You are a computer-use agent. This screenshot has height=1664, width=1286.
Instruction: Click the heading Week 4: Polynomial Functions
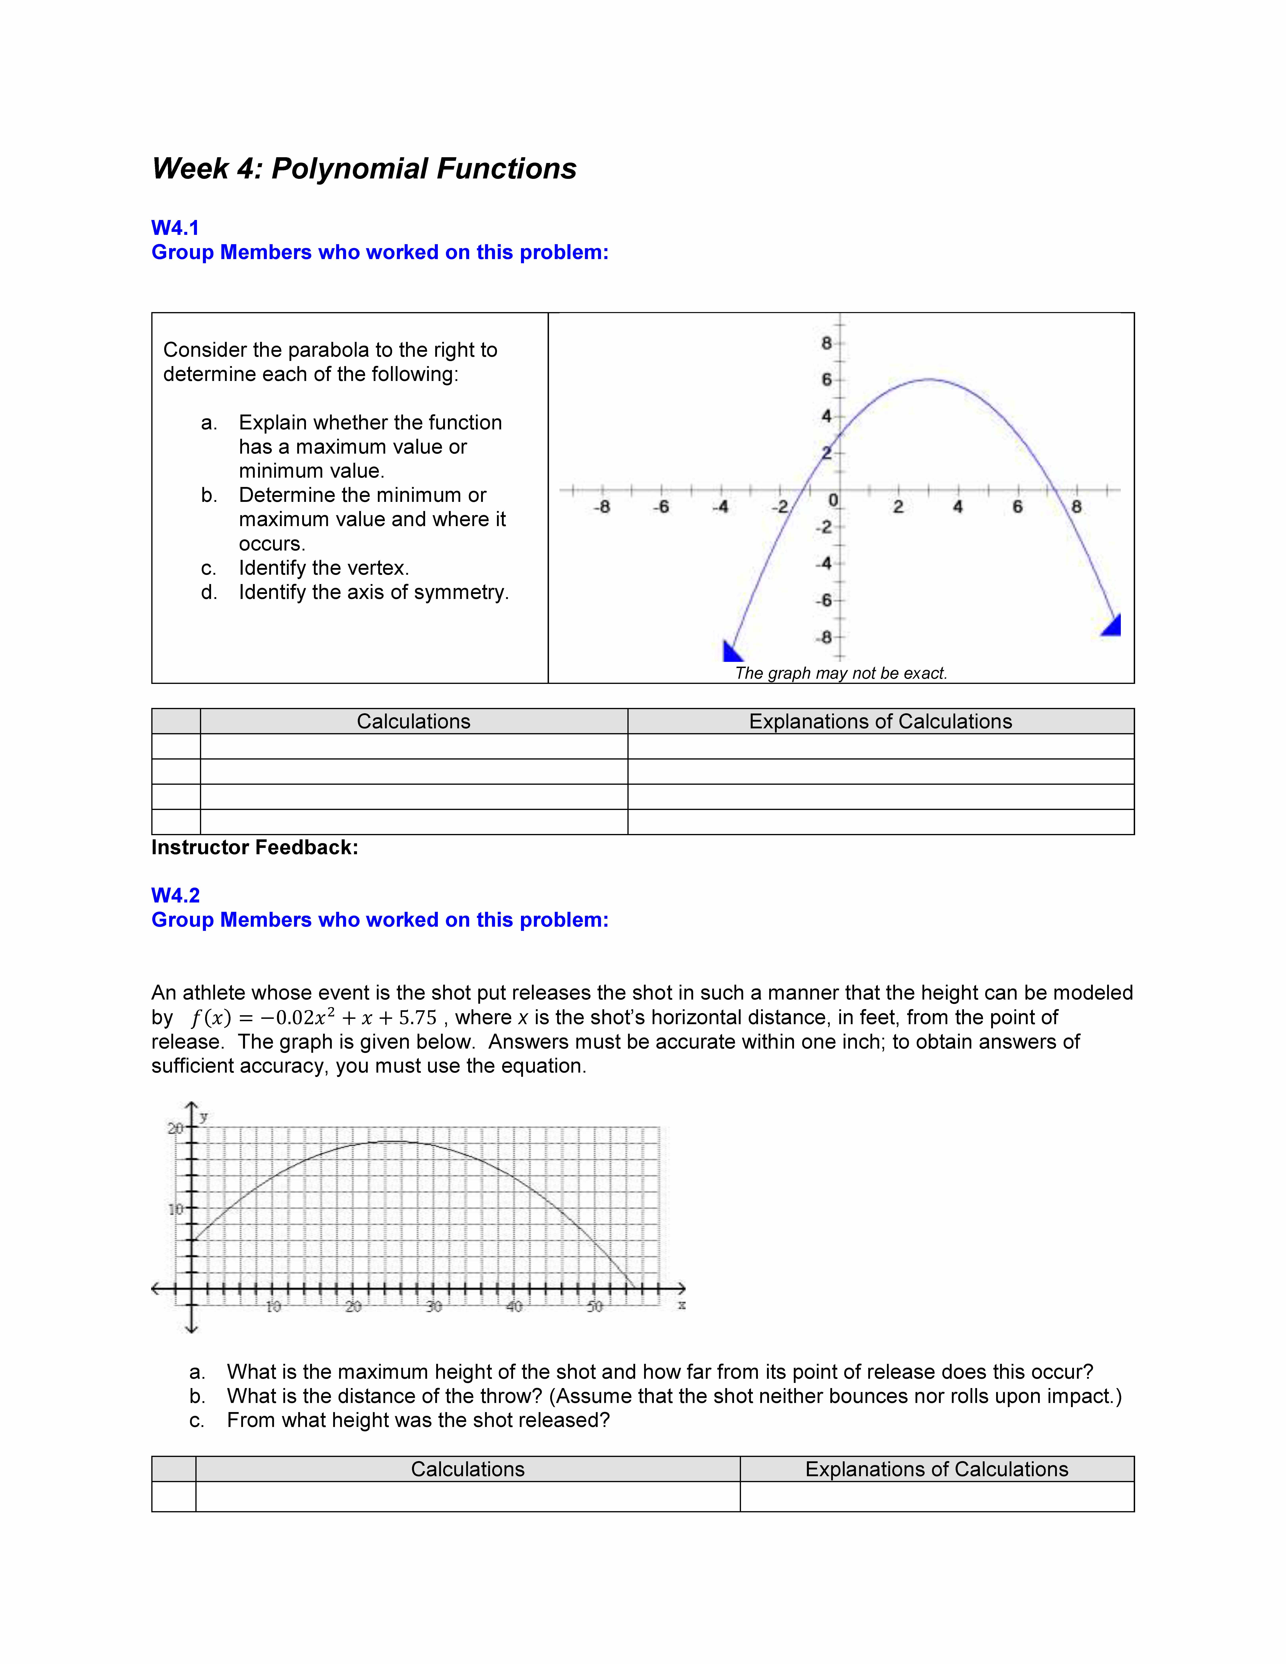364,168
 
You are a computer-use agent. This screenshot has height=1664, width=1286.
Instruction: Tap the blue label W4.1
175,228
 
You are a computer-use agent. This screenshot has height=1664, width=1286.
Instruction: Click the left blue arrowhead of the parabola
731,651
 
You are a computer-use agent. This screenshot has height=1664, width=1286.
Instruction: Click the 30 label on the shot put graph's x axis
433,1307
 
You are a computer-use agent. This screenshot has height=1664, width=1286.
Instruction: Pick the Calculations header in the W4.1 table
414,722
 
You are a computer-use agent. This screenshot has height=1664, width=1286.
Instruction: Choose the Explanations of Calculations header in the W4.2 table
936,1470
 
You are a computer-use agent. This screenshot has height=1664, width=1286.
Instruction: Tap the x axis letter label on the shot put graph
682,1305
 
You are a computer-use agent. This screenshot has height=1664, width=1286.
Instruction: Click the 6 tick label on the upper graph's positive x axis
1017,507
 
